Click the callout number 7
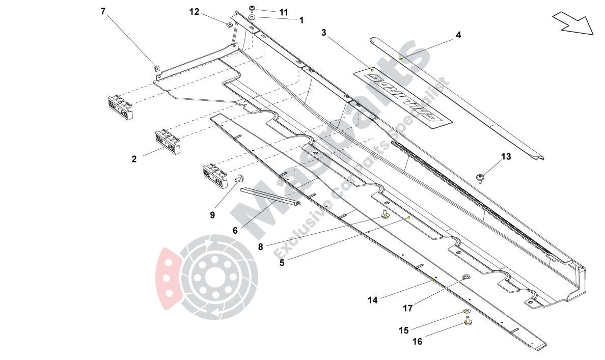pyautogui.click(x=103, y=11)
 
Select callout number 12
pyautogui.click(x=195, y=11)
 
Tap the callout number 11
pyautogui.click(x=283, y=12)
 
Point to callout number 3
pyautogui.click(x=324, y=33)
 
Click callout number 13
pyautogui.click(x=506, y=157)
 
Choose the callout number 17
pyautogui.click(x=408, y=308)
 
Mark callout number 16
pyautogui.click(x=417, y=342)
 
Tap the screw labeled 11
pyautogui.click(x=253, y=8)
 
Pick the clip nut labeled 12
pyautogui.click(x=229, y=23)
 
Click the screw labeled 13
pyautogui.click(x=480, y=178)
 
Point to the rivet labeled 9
pyautogui.click(x=239, y=178)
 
